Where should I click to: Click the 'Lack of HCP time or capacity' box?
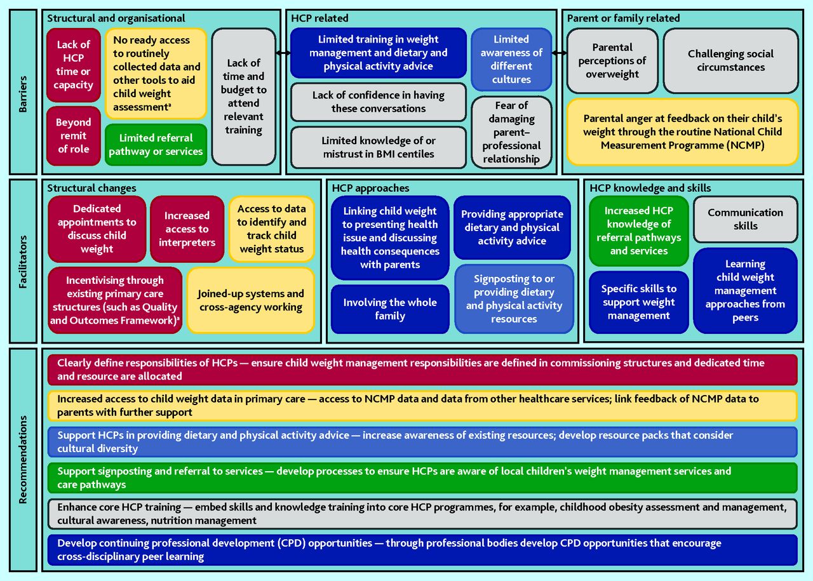click(x=74, y=65)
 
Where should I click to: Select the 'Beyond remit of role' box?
click(x=74, y=135)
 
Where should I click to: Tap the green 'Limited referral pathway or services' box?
click(x=156, y=145)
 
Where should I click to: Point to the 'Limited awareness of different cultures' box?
click(x=511, y=60)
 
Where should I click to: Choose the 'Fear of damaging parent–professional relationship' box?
click(x=511, y=132)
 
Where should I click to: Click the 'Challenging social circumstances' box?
click(x=730, y=60)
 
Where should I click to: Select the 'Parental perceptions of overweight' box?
click(x=612, y=60)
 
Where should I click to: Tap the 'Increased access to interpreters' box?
click(x=187, y=229)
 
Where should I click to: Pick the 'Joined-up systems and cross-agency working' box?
click(x=250, y=300)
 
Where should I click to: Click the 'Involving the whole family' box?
click(x=389, y=309)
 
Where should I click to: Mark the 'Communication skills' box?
click(x=745, y=219)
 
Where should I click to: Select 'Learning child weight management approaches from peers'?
click(x=745, y=291)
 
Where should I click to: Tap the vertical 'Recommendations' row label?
click(x=23, y=459)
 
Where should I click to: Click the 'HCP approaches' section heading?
click(x=370, y=188)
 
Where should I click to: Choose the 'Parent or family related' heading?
click(x=623, y=18)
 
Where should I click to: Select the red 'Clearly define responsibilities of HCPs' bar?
click(x=422, y=370)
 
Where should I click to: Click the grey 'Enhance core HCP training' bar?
click(x=422, y=514)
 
